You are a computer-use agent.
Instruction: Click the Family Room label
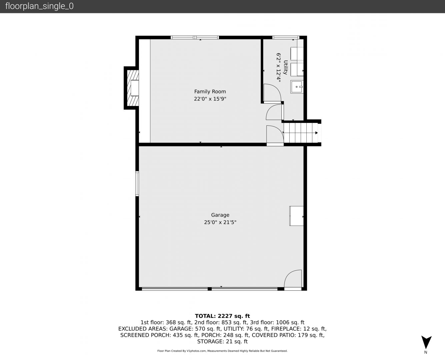click(210, 92)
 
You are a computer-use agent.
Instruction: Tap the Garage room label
click(220, 215)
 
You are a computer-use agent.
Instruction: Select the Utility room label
click(285, 67)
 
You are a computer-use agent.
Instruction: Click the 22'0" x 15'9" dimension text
click(210, 99)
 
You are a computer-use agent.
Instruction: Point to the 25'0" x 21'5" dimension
click(220, 222)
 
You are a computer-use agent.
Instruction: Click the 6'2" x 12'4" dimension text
click(278, 67)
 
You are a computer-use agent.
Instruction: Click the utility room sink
click(297, 87)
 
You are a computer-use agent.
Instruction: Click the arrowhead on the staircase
click(317, 133)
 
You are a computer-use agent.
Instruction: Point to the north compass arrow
click(426, 342)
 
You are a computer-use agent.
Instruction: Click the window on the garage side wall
click(137, 184)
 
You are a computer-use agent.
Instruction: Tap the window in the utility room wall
click(286, 38)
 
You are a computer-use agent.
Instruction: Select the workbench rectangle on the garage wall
click(296, 216)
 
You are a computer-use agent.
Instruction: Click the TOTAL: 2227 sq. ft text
click(222, 316)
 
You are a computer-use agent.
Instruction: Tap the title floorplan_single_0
click(39, 6)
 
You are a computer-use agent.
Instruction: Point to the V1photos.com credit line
click(222, 351)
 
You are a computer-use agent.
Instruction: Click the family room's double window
click(195, 38)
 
